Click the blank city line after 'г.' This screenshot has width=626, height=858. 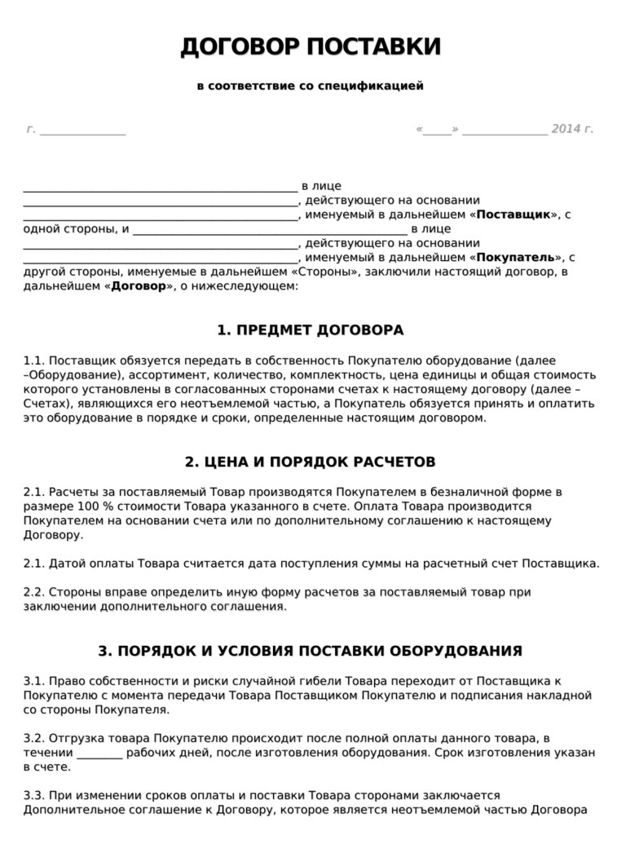click(x=82, y=130)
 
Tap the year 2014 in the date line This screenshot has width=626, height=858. click(x=566, y=129)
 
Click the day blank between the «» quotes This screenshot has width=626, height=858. click(x=437, y=130)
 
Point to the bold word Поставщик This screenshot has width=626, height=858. click(x=514, y=214)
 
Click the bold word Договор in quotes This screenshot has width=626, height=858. click(x=138, y=286)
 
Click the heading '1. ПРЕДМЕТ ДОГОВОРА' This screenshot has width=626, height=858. click(x=311, y=330)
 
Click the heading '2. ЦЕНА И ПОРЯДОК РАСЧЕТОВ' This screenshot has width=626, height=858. click(x=311, y=462)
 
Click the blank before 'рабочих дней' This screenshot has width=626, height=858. click(x=100, y=753)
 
